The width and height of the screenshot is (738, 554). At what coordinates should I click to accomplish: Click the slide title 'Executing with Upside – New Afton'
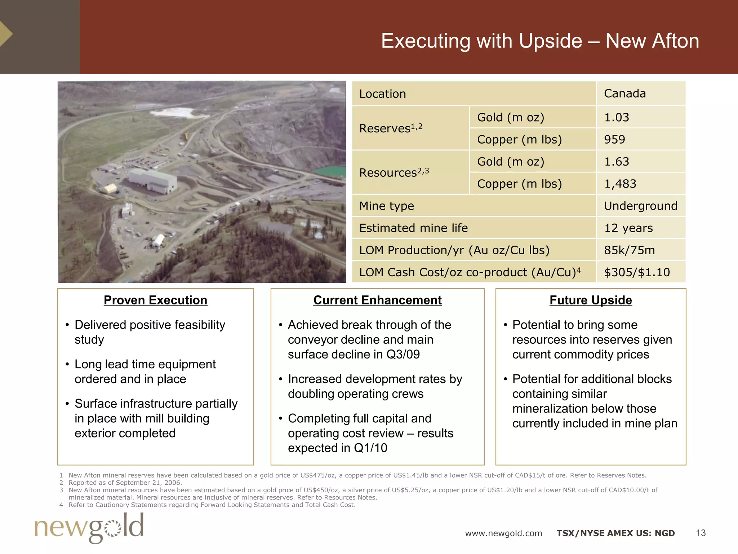pyautogui.click(x=540, y=41)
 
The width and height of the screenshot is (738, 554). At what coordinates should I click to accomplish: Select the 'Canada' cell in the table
pyautogui.click(x=625, y=93)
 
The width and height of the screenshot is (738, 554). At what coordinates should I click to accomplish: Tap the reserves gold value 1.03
pyautogui.click(x=617, y=117)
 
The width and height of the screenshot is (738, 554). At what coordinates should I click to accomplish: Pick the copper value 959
pyautogui.click(x=615, y=139)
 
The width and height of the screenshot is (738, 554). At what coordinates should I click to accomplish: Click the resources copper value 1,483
pyautogui.click(x=620, y=184)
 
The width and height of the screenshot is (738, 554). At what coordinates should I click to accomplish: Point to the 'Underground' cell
pyautogui.click(x=641, y=206)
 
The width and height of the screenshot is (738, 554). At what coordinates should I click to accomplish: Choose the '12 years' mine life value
pyautogui.click(x=628, y=228)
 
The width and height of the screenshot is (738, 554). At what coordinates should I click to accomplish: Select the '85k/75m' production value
pyautogui.click(x=630, y=250)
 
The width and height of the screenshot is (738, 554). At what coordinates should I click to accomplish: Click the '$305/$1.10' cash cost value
pyautogui.click(x=637, y=272)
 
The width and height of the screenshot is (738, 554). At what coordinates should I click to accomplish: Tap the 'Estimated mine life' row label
pyautogui.click(x=413, y=228)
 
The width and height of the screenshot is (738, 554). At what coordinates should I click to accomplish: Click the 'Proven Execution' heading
pyautogui.click(x=155, y=300)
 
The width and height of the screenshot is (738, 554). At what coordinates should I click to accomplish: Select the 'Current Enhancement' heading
pyautogui.click(x=377, y=300)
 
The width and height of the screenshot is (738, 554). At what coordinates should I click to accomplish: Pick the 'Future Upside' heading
pyautogui.click(x=591, y=300)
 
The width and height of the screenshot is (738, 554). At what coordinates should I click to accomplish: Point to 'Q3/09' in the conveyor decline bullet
pyautogui.click(x=403, y=355)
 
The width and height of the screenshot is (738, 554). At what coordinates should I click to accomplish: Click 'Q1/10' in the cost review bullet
pyautogui.click(x=370, y=448)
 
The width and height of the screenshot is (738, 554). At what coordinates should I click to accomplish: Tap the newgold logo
pyautogui.click(x=89, y=527)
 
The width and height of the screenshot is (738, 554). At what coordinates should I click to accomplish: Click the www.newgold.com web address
pyautogui.click(x=503, y=533)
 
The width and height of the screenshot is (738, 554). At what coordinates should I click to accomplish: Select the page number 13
pyautogui.click(x=701, y=533)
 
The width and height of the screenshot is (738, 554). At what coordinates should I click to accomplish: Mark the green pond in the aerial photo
pyautogui.click(x=330, y=171)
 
